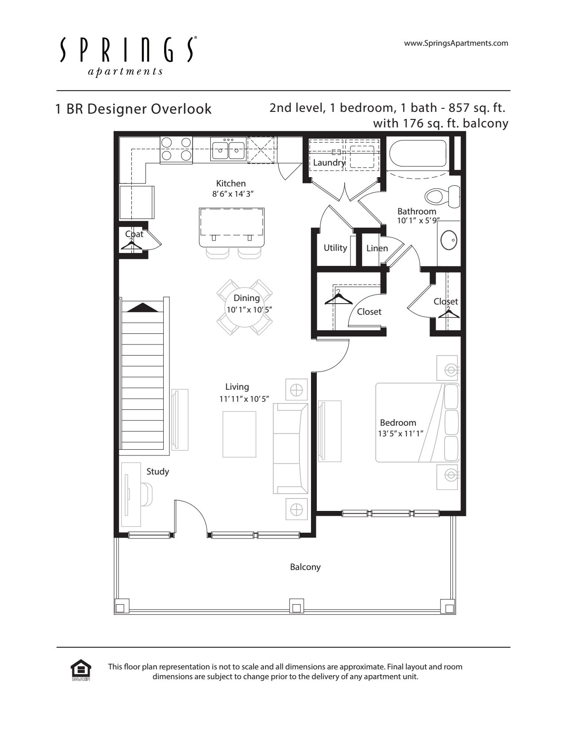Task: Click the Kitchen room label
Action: [x=231, y=184]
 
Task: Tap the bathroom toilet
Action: [x=442, y=196]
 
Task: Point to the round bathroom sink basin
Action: [x=449, y=240]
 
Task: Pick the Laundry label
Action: [x=329, y=163]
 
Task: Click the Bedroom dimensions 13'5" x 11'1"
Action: [x=401, y=434]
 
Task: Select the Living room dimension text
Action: [x=244, y=399]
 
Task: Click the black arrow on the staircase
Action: [x=143, y=308]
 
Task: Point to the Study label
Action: [x=157, y=471]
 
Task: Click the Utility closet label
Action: [x=335, y=248]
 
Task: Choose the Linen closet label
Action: [x=377, y=248]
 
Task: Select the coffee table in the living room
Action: [x=239, y=434]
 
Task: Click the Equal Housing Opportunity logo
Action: [x=81, y=670]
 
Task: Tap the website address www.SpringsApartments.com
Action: [x=456, y=43]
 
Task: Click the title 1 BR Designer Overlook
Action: [x=133, y=109]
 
